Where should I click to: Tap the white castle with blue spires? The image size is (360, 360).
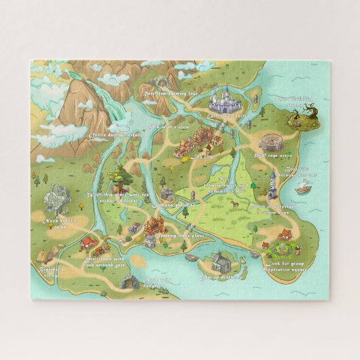223,103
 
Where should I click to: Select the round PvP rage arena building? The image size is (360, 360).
271,143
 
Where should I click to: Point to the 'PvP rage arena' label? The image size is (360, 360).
272,155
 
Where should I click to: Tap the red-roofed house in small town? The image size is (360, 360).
88,241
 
